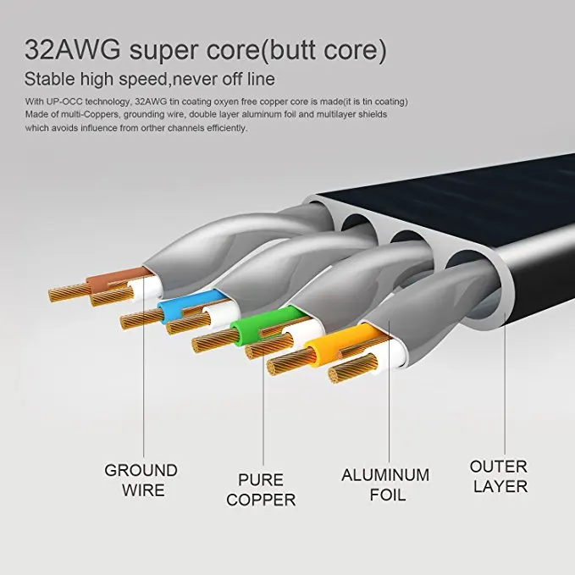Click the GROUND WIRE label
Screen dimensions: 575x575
[141, 479]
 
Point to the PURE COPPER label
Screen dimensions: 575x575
[261, 490]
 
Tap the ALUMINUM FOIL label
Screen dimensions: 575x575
[384, 484]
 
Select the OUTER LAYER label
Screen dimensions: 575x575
[499, 476]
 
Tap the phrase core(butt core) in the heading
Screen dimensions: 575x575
[302, 50]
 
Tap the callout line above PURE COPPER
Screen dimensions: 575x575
[263, 406]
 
